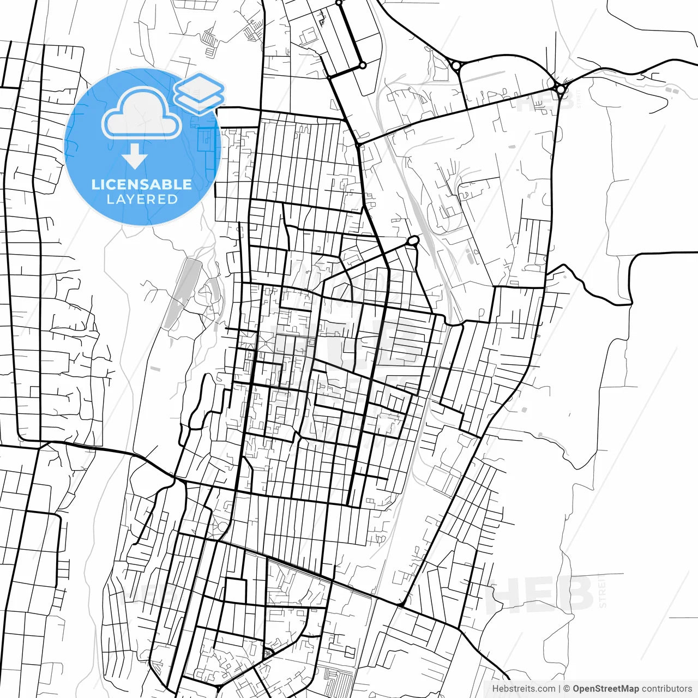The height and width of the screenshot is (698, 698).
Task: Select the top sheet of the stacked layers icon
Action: click(x=199, y=86)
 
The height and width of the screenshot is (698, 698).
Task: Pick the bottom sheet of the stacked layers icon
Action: click(x=200, y=101)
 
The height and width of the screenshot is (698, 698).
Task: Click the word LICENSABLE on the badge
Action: click(x=141, y=184)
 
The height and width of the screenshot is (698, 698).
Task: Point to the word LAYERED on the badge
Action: click(x=142, y=200)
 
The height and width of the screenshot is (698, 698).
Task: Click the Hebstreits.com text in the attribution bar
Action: click(x=523, y=689)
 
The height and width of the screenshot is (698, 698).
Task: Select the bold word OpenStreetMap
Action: click(x=605, y=689)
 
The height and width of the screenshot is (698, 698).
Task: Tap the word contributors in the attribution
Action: click(x=666, y=689)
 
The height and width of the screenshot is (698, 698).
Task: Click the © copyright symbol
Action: click(x=567, y=689)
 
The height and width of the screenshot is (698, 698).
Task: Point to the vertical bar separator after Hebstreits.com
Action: click(x=559, y=689)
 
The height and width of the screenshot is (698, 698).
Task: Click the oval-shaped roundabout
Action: click(x=413, y=240)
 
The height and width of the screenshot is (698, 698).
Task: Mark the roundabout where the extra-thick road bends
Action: click(x=363, y=65)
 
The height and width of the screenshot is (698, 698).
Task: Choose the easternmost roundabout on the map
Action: click(x=561, y=88)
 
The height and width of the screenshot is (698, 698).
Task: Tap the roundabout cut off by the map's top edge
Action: click(x=339, y=3)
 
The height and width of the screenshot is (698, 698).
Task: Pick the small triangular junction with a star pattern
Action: click(x=267, y=653)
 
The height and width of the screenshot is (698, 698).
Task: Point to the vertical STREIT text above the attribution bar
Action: click(x=603, y=591)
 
